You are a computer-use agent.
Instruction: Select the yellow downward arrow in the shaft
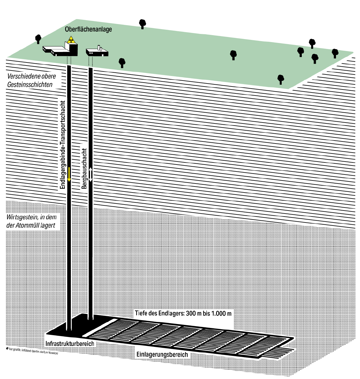click(x=69, y=174)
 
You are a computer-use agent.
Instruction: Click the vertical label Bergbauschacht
click(x=84, y=168)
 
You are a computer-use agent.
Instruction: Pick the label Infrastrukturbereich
click(x=70, y=344)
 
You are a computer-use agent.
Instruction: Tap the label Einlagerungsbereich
click(x=162, y=354)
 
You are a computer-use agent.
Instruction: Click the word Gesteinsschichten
click(x=30, y=85)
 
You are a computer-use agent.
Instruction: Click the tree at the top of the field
click(x=142, y=23)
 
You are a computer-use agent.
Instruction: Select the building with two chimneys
click(x=97, y=52)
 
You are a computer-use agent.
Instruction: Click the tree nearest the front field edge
click(x=280, y=79)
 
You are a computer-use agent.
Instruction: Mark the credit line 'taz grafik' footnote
click(x=32, y=350)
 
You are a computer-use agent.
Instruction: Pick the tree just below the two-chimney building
click(x=121, y=62)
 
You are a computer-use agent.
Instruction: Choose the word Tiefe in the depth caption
click(x=141, y=314)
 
